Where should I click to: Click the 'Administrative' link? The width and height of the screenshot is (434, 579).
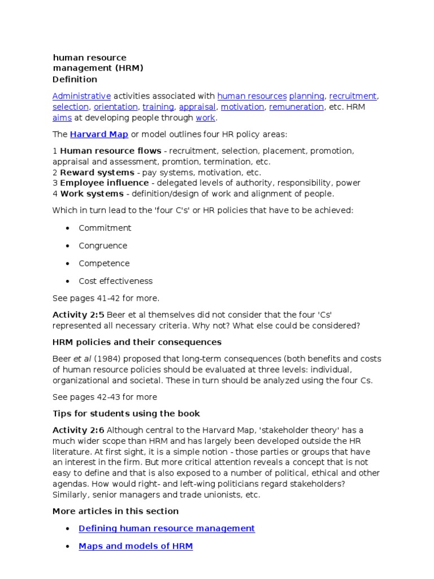click(81, 96)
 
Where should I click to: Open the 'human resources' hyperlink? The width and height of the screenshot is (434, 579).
click(251, 96)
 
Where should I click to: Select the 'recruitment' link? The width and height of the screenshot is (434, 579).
click(353, 96)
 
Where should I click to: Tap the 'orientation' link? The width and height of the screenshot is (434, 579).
click(115, 107)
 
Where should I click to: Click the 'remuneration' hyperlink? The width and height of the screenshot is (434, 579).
click(296, 107)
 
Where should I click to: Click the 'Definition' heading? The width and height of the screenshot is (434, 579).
click(75, 79)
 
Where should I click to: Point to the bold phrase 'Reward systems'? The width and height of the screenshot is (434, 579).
click(97, 172)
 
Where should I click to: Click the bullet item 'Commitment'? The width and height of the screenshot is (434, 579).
click(105, 228)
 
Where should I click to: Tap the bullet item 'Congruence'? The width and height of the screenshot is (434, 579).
click(103, 246)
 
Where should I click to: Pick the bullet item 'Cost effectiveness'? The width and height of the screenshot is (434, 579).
click(115, 281)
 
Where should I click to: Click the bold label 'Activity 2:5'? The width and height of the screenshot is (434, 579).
click(78, 315)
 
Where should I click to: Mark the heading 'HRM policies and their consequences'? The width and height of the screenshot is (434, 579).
click(137, 342)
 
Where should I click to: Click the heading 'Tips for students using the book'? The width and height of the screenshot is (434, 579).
click(126, 413)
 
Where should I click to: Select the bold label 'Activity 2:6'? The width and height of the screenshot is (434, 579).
click(78, 430)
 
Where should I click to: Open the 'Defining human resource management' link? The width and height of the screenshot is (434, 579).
click(167, 528)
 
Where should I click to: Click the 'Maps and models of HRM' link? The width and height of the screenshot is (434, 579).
click(136, 546)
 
